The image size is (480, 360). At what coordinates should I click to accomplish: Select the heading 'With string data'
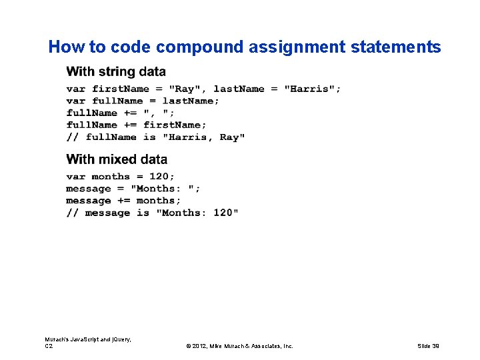pyautogui.click(x=116, y=71)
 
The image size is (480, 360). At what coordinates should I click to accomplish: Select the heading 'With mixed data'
pyautogui.click(x=117, y=159)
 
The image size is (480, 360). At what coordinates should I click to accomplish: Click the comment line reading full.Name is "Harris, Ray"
pyautogui.click(x=155, y=137)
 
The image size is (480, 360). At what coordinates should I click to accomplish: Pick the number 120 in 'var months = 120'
pyautogui.click(x=159, y=177)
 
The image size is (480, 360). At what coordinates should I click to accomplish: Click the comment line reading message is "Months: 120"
pyautogui.click(x=152, y=213)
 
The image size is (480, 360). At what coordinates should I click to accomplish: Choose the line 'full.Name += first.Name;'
pyautogui.click(x=136, y=125)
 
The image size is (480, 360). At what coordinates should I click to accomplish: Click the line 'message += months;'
pyautogui.click(x=123, y=201)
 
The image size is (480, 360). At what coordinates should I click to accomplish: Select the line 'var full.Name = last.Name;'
pyautogui.click(x=143, y=101)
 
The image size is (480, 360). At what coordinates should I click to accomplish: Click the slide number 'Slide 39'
pyautogui.click(x=428, y=346)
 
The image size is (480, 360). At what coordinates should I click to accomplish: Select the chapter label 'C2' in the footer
pyautogui.click(x=49, y=346)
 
